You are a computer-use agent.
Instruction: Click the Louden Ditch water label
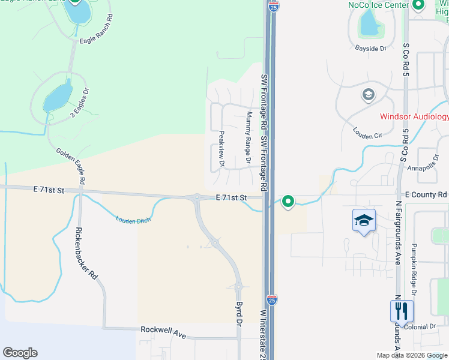(133, 220)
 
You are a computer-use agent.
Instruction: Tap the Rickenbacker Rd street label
(86, 254)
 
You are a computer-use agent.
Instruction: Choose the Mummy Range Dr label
(248, 138)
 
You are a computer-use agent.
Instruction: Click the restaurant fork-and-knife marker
(402, 311)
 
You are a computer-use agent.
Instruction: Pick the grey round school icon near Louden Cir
(367, 95)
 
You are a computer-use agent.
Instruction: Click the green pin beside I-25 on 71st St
(288, 202)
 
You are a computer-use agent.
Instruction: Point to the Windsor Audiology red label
(414, 116)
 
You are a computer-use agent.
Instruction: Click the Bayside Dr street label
(370, 48)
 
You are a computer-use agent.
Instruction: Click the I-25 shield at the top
(274, 7)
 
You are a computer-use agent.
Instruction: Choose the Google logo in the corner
(20, 353)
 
